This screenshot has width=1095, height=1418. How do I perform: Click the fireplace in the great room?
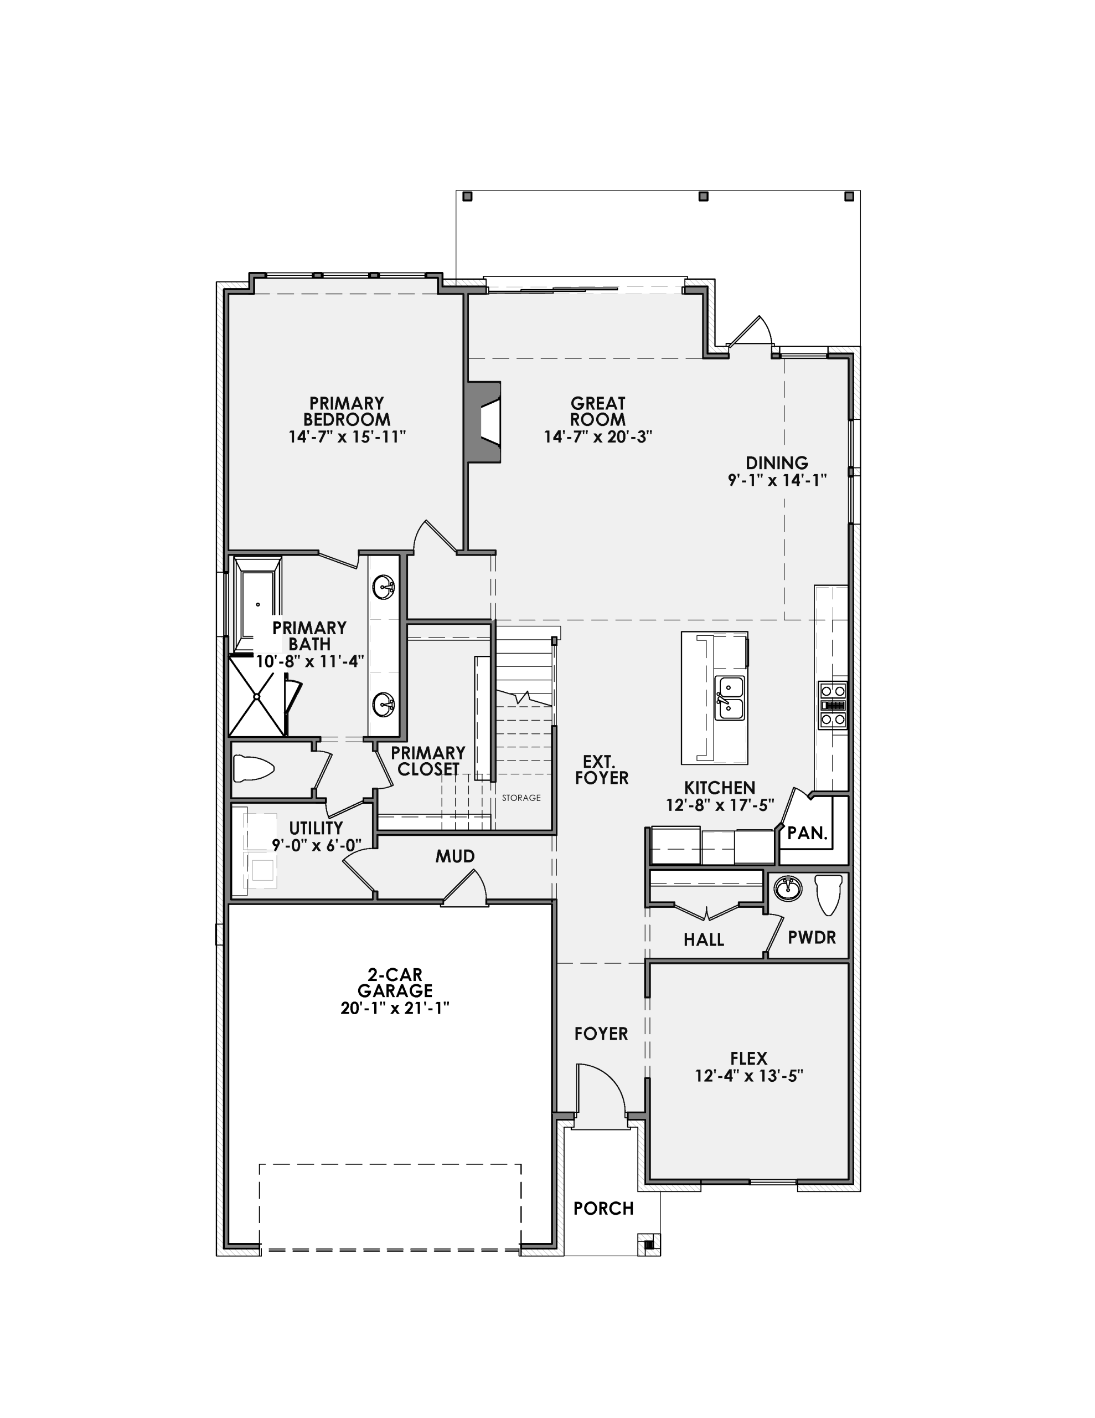[x=484, y=422]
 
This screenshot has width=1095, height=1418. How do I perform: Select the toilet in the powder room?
[x=828, y=895]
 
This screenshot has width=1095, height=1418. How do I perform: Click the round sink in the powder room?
[x=787, y=888]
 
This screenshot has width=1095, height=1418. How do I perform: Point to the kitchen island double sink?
[x=730, y=698]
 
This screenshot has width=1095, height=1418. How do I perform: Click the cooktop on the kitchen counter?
[x=832, y=705]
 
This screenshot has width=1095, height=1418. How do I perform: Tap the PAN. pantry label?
[x=808, y=833]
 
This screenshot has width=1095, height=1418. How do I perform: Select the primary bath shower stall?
[x=257, y=697]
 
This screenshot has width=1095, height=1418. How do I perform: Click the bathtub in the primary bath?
[x=257, y=605]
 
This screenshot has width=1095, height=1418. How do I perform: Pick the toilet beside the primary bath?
[x=254, y=769]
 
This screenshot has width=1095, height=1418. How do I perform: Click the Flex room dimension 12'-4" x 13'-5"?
[x=749, y=1076]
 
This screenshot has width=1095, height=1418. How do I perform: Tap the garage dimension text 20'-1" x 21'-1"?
[x=395, y=1008]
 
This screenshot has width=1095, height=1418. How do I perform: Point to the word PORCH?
[x=603, y=1208]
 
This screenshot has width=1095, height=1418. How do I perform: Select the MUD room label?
[x=455, y=856]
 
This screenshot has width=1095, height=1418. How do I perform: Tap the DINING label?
[x=776, y=463]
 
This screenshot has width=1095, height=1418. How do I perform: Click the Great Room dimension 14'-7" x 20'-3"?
[x=598, y=436]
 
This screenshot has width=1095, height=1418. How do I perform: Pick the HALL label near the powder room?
[x=704, y=939]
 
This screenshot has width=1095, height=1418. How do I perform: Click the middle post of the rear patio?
[x=703, y=196]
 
